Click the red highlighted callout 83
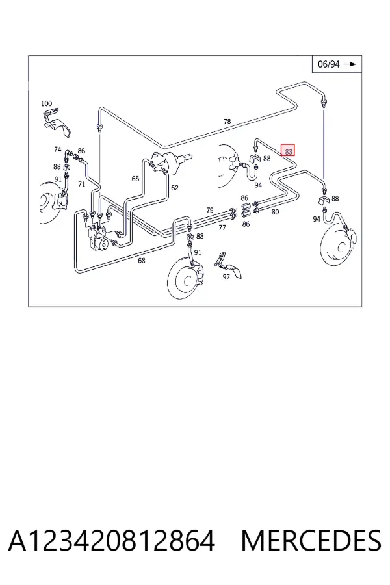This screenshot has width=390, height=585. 288,150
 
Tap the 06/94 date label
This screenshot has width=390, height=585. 328,64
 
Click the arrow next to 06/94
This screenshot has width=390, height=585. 350,64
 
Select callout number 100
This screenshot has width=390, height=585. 46,103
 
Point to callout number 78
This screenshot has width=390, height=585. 227,122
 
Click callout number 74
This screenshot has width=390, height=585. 57,149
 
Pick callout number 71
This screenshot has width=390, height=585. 82,184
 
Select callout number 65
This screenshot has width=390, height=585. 135,179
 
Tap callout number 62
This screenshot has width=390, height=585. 175,188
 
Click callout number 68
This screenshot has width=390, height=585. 142,261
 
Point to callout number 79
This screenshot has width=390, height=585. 210,211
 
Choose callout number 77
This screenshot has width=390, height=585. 222,227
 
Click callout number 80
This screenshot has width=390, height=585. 275,212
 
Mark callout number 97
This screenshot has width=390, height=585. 226,277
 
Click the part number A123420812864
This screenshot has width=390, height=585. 112,540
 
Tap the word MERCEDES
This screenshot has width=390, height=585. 311,540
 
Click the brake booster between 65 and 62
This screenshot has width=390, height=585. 170,162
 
